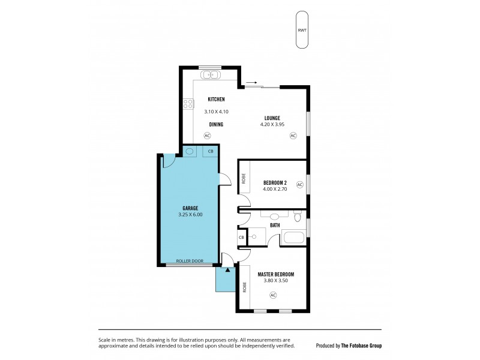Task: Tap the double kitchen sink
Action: [x=211, y=75]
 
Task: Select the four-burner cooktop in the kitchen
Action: [x=189, y=103]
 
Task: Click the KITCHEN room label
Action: [x=216, y=99]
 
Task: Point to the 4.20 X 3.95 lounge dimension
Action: [x=272, y=124]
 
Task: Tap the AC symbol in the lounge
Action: [x=293, y=136]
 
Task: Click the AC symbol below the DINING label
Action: [x=207, y=136]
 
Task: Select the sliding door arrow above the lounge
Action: [x=251, y=83]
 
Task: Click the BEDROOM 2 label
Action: [x=275, y=183]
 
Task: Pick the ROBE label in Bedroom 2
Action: [x=244, y=178]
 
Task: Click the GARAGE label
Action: [x=190, y=208]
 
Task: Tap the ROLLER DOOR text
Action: [x=190, y=261]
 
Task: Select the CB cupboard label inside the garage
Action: [x=210, y=152]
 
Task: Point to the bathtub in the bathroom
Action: [x=293, y=237]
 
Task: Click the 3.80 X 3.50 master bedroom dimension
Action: [x=275, y=281]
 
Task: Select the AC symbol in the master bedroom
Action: [x=273, y=295]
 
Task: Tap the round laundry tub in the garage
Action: [x=190, y=152]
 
